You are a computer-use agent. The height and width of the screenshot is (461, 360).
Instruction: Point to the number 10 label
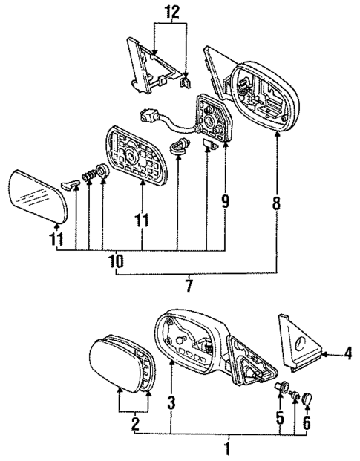pyautogui.click(x=116, y=261)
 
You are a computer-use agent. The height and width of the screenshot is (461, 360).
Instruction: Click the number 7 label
pyautogui.click(x=189, y=284)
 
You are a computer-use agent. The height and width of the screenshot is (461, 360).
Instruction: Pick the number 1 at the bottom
pyautogui.click(x=227, y=448)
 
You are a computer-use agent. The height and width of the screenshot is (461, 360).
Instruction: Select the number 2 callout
pyautogui.click(x=134, y=424)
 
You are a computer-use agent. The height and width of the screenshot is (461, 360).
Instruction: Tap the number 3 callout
pyautogui.click(x=171, y=405)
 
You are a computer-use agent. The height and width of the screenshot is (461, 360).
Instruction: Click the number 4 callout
pyautogui.click(x=346, y=356)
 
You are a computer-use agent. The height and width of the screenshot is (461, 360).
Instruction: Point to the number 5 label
pyautogui.click(x=279, y=418)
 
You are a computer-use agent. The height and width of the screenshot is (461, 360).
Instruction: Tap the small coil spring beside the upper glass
pyautogui.click(x=88, y=177)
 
